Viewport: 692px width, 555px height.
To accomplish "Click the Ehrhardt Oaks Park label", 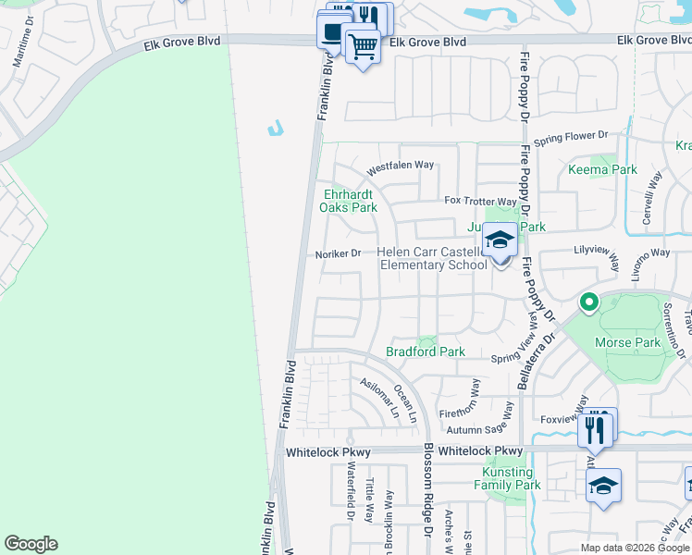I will (x=349, y=201).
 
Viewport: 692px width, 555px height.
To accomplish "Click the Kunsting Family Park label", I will (x=507, y=478).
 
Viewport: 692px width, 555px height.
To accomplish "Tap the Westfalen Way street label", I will (x=400, y=166).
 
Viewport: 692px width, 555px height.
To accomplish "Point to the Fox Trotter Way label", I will (x=480, y=201).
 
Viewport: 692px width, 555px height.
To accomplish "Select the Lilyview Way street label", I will (x=596, y=251).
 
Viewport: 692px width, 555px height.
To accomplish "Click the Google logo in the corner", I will (x=31, y=544).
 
